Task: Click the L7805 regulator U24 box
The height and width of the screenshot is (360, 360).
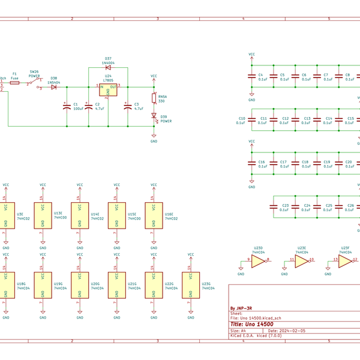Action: [109, 90]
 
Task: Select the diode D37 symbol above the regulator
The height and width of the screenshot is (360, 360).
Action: [108, 67]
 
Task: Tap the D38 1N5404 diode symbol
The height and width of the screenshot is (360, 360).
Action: [53, 87]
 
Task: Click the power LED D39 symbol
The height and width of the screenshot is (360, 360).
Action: [154, 116]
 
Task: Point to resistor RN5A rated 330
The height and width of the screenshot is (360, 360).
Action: [154, 99]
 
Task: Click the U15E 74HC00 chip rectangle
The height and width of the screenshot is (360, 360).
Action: [116, 215]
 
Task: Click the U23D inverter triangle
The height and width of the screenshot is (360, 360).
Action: [257, 262]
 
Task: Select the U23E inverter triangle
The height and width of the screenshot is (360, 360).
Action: [301, 262]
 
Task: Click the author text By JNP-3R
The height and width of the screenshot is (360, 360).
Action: [242, 309]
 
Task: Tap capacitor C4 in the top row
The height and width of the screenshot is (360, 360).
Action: [252, 77]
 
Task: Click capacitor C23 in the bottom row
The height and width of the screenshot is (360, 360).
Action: [274, 207]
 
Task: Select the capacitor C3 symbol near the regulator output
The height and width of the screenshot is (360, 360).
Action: [127, 106]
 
